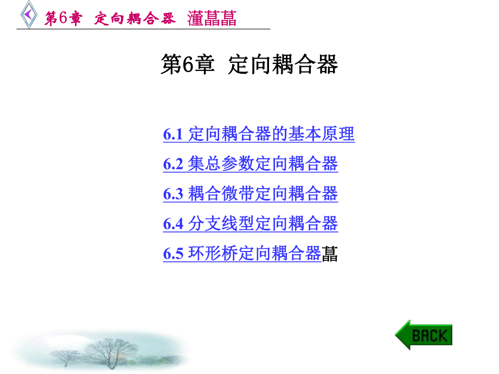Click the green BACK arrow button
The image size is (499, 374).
[x=424, y=334]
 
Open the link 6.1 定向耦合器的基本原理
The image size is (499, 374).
[x=259, y=134]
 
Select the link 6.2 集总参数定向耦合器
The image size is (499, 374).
[x=250, y=164]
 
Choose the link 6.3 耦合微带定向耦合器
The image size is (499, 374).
[x=250, y=194]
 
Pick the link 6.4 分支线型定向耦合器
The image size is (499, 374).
[x=250, y=223]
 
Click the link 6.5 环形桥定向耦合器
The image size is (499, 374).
[x=242, y=253]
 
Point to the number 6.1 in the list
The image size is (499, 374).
[x=173, y=134]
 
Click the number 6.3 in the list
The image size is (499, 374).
[x=173, y=194]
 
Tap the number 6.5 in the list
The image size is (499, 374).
[x=173, y=254]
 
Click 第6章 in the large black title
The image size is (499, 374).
[x=188, y=65]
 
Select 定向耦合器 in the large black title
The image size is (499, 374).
[x=283, y=65]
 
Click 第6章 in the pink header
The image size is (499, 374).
[x=63, y=18]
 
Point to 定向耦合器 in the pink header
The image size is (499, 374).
[x=135, y=18]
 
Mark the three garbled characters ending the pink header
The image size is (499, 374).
[x=212, y=18]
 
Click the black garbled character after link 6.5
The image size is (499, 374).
[x=330, y=254]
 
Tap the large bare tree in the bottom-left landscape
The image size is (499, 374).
[x=111, y=350]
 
